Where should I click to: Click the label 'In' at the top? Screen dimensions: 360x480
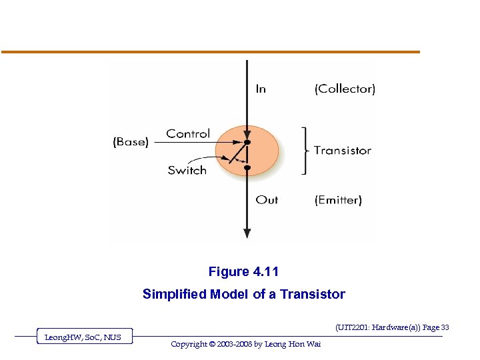point(261,89)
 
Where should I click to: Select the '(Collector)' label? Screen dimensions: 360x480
point(345,89)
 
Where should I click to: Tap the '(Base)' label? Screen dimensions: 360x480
point(130,141)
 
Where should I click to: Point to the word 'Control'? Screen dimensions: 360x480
point(188,133)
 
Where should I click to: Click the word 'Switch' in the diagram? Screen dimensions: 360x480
point(187,170)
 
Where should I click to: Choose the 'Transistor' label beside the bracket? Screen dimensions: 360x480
point(343,150)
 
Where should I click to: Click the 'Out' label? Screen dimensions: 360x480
point(267,199)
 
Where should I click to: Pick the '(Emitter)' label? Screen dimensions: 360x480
point(338,199)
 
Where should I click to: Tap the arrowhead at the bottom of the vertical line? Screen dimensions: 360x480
point(247,233)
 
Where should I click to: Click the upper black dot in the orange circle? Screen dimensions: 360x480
point(247,143)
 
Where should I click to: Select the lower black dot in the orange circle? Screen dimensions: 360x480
point(247,168)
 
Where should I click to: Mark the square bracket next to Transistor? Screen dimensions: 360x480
point(305,151)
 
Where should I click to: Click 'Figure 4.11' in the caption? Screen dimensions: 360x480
point(243,271)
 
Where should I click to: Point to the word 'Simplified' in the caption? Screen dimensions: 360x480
point(175,294)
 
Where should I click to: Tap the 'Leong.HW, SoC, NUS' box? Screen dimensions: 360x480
point(83,337)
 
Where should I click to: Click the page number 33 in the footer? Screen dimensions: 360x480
point(445,327)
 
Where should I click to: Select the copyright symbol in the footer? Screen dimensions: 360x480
point(213,344)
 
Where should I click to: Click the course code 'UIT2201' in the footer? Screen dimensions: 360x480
point(355,327)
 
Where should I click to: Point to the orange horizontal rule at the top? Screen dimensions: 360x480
point(211,52)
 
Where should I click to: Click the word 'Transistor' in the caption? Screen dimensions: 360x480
point(313,294)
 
